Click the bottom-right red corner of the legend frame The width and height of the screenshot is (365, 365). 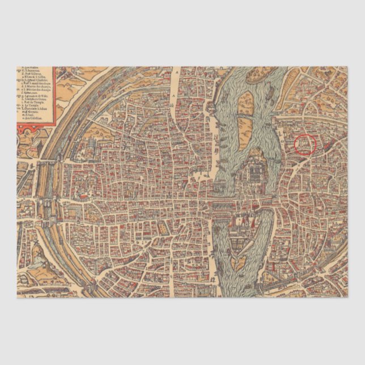click(x=55, y=124)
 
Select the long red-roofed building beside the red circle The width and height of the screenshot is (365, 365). click(x=323, y=145)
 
